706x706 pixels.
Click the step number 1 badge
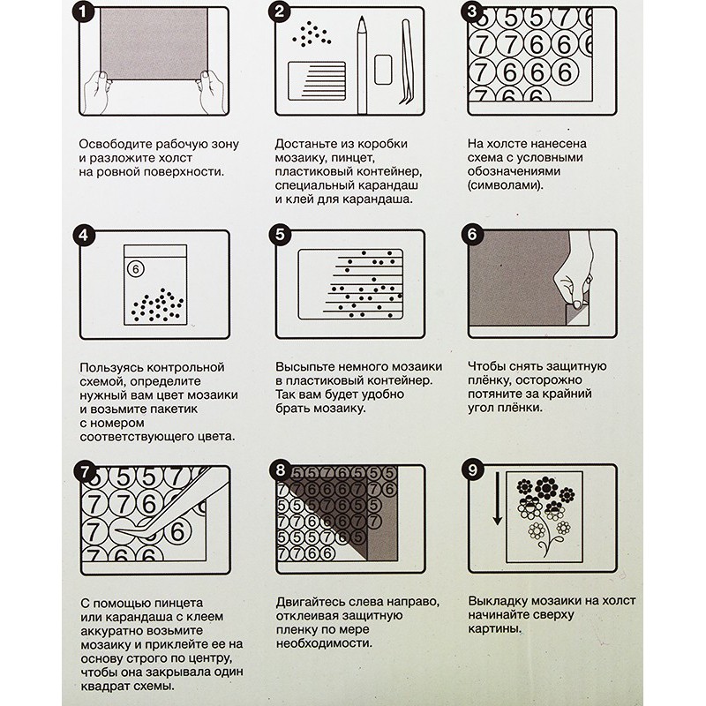[83, 11]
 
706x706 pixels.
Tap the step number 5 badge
[280, 235]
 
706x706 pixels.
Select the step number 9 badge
[472, 470]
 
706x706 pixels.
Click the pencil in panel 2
[362, 64]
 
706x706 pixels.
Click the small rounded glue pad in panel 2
[383, 70]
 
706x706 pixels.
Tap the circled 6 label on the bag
[136, 269]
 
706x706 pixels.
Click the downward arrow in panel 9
[497, 499]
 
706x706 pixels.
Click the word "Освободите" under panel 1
[116, 144]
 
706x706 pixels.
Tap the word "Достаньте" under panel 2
[306, 144]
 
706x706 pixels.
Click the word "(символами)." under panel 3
[505, 185]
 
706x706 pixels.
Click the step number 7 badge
[85, 472]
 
